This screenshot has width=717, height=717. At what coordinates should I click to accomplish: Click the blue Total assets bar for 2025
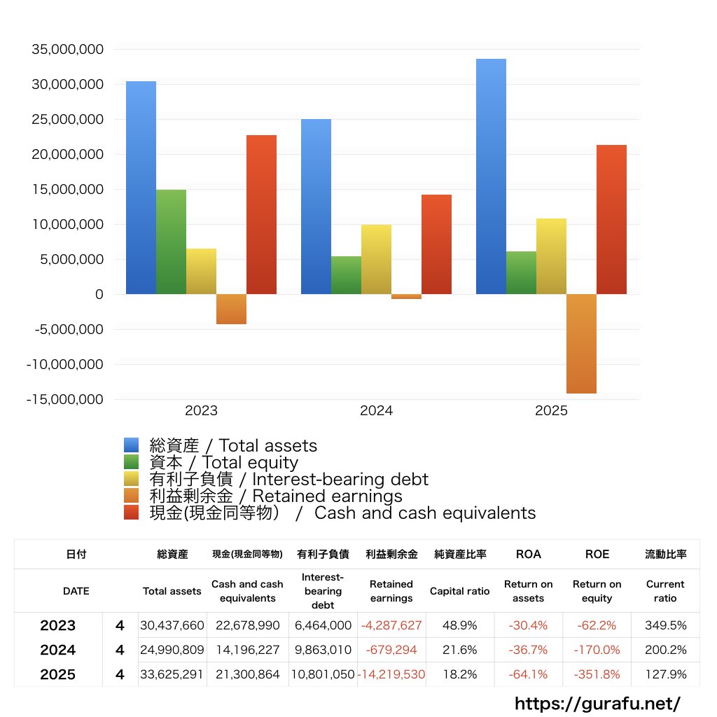[x=491, y=176]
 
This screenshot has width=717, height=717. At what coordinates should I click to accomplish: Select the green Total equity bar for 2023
[x=171, y=242]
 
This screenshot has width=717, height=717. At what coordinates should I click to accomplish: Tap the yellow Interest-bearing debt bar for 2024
[x=376, y=259]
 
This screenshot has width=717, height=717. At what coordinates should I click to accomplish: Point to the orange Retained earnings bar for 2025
[x=581, y=344]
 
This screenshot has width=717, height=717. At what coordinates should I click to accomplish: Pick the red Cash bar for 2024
[x=436, y=244]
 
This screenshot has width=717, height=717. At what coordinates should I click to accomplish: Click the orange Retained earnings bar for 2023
[x=231, y=309]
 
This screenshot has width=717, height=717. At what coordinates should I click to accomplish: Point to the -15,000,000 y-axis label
[x=64, y=400]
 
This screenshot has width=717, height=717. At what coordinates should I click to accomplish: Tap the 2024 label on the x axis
[x=376, y=411]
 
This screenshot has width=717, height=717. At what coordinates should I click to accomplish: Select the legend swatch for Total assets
[x=132, y=445]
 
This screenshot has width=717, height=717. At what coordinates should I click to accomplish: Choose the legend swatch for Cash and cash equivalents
[x=132, y=513]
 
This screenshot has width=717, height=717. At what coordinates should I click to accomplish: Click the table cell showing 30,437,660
[x=172, y=625]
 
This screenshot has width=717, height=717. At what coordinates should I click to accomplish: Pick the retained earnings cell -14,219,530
[x=391, y=675]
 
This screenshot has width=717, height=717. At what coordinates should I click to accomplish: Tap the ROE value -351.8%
[x=597, y=675]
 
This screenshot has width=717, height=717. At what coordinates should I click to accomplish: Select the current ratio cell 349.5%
[x=665, y=625]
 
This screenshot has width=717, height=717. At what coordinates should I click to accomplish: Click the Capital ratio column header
[x=459, y=591]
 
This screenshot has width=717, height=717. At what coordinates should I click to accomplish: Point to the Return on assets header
[x=528, y=591]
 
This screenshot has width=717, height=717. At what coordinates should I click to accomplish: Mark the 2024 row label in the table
[x=58, y=650]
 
